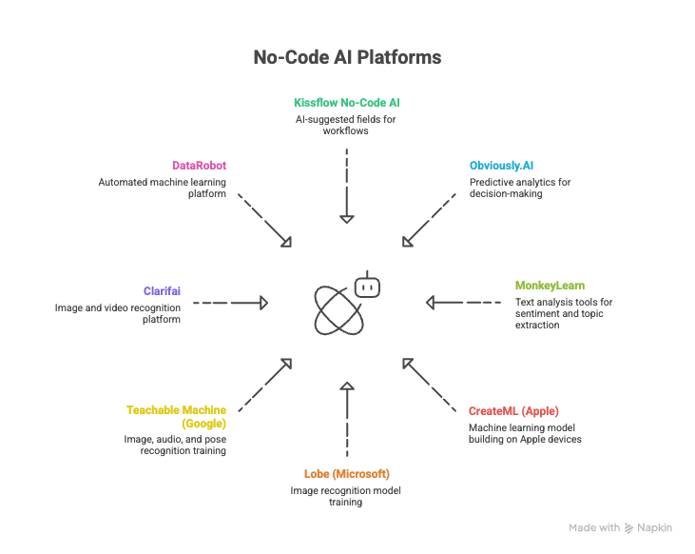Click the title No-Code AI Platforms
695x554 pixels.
click(x=347, y=57)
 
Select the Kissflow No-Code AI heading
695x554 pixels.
click(x=346, y=101)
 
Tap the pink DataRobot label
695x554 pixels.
click(x=199, y=166)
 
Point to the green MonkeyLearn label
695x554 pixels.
click(x=550, y=285)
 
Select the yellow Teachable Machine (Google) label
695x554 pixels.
click(x=177, y=416)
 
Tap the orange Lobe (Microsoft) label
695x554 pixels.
click(x=346, y=473)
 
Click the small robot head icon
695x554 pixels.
click(x=366, y=285)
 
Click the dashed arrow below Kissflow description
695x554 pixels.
click(x=347, y=185)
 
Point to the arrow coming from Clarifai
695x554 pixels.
click(x=231, y=303)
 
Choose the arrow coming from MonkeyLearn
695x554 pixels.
click(x=463, y=303)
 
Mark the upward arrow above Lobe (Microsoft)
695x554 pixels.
click(x=347, y=419)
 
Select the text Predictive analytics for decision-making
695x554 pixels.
click(x=519, y=188)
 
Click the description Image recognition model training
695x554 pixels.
click(x=346, y=496)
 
